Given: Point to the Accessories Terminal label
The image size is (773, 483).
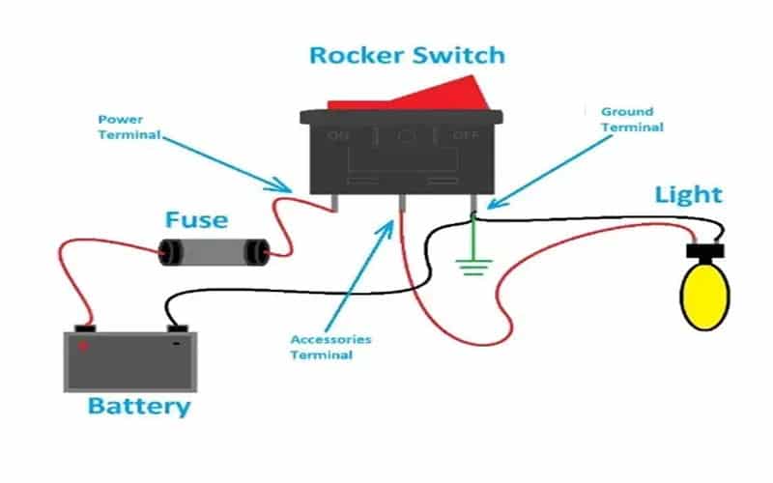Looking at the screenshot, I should point(330,348).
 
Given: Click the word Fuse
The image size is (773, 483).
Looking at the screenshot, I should point(196,220).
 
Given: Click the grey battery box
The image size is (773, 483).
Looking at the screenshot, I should point(131,362).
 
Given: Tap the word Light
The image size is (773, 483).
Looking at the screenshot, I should point(688,194).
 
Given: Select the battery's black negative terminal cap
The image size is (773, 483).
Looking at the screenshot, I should point(175,327).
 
